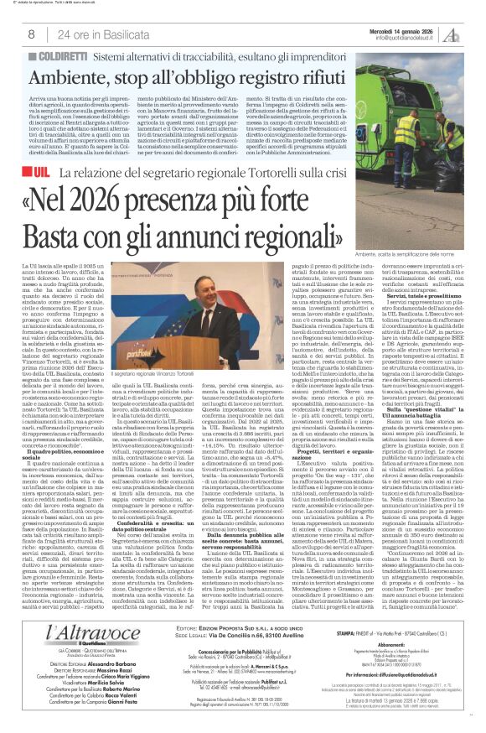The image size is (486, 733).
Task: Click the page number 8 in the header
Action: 30,34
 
